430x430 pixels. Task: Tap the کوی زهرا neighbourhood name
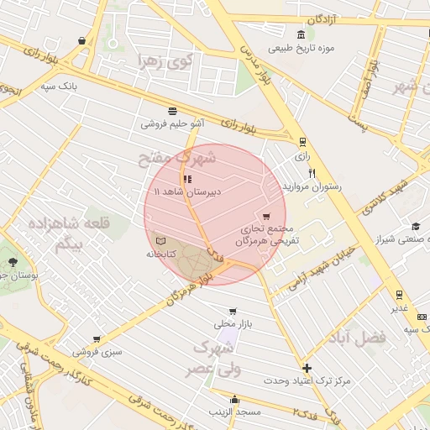tap(165, 60)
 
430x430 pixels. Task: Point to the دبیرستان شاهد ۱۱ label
tap(191, 191)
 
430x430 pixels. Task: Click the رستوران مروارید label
tap(313, 186)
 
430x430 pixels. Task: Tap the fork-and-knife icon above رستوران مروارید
tap(312, 173)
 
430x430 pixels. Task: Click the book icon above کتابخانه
tap(160, 241)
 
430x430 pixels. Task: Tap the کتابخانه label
tap(160, 254)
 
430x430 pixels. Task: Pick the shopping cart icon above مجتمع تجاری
tap(267, 217)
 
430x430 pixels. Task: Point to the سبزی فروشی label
tap(101, 352)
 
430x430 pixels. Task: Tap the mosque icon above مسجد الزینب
tap(234, 400)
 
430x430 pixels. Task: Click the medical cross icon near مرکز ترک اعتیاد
tap(307, 368)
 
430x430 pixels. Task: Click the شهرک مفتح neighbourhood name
tap(178, 157)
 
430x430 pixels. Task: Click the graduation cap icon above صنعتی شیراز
tap(415, 226)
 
